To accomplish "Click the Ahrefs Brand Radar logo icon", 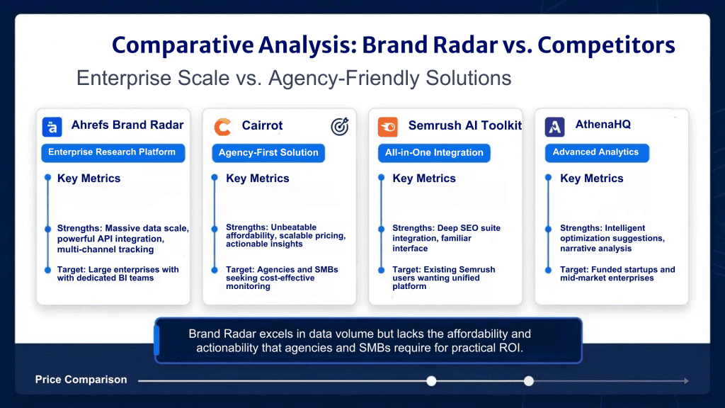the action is coord(52,127).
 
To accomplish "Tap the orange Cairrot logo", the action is coord(222,127).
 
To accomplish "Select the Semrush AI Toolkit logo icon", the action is coord(387,127).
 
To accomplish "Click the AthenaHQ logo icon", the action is coord(554,127).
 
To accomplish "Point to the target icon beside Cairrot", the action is coord(339,126).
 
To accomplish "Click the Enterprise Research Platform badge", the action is coord(113,153).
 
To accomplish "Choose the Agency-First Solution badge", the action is coord(268,153).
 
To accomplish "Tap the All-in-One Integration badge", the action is coord(434,153).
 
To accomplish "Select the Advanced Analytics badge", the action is coord(597,153).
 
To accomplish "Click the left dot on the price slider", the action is coord(431,380).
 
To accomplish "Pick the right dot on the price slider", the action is coord(528,380).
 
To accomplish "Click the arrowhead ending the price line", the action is coord(687,380).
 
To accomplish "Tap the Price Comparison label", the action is coord(81,380).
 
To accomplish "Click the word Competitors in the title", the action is coord(606,45).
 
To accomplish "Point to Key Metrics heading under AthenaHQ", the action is coord(592,178).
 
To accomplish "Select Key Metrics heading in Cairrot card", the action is coord(258,178).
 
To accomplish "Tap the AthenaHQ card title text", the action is coord(603,125).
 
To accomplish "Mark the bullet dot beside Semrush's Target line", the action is coord(382,270).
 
